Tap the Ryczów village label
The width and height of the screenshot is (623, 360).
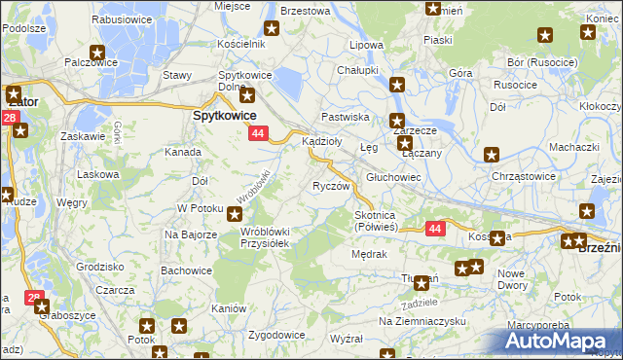[x=330, y=186]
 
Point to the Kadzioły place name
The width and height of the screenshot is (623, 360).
[x=322, y=141]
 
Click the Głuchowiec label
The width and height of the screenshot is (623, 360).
[x=393, y=177]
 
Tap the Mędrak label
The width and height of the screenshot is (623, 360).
[x=369, y=254]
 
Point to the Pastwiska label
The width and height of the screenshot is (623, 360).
[x=346, y=117]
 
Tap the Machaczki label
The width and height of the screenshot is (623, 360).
[x=572, y=146]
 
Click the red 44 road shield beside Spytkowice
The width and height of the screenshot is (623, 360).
[x=258, y=132]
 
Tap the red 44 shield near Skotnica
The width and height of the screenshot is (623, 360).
[x=434, y=228]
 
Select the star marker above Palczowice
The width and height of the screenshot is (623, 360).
[x=97, y=54]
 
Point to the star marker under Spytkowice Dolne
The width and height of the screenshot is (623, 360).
[x=247, y=95]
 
